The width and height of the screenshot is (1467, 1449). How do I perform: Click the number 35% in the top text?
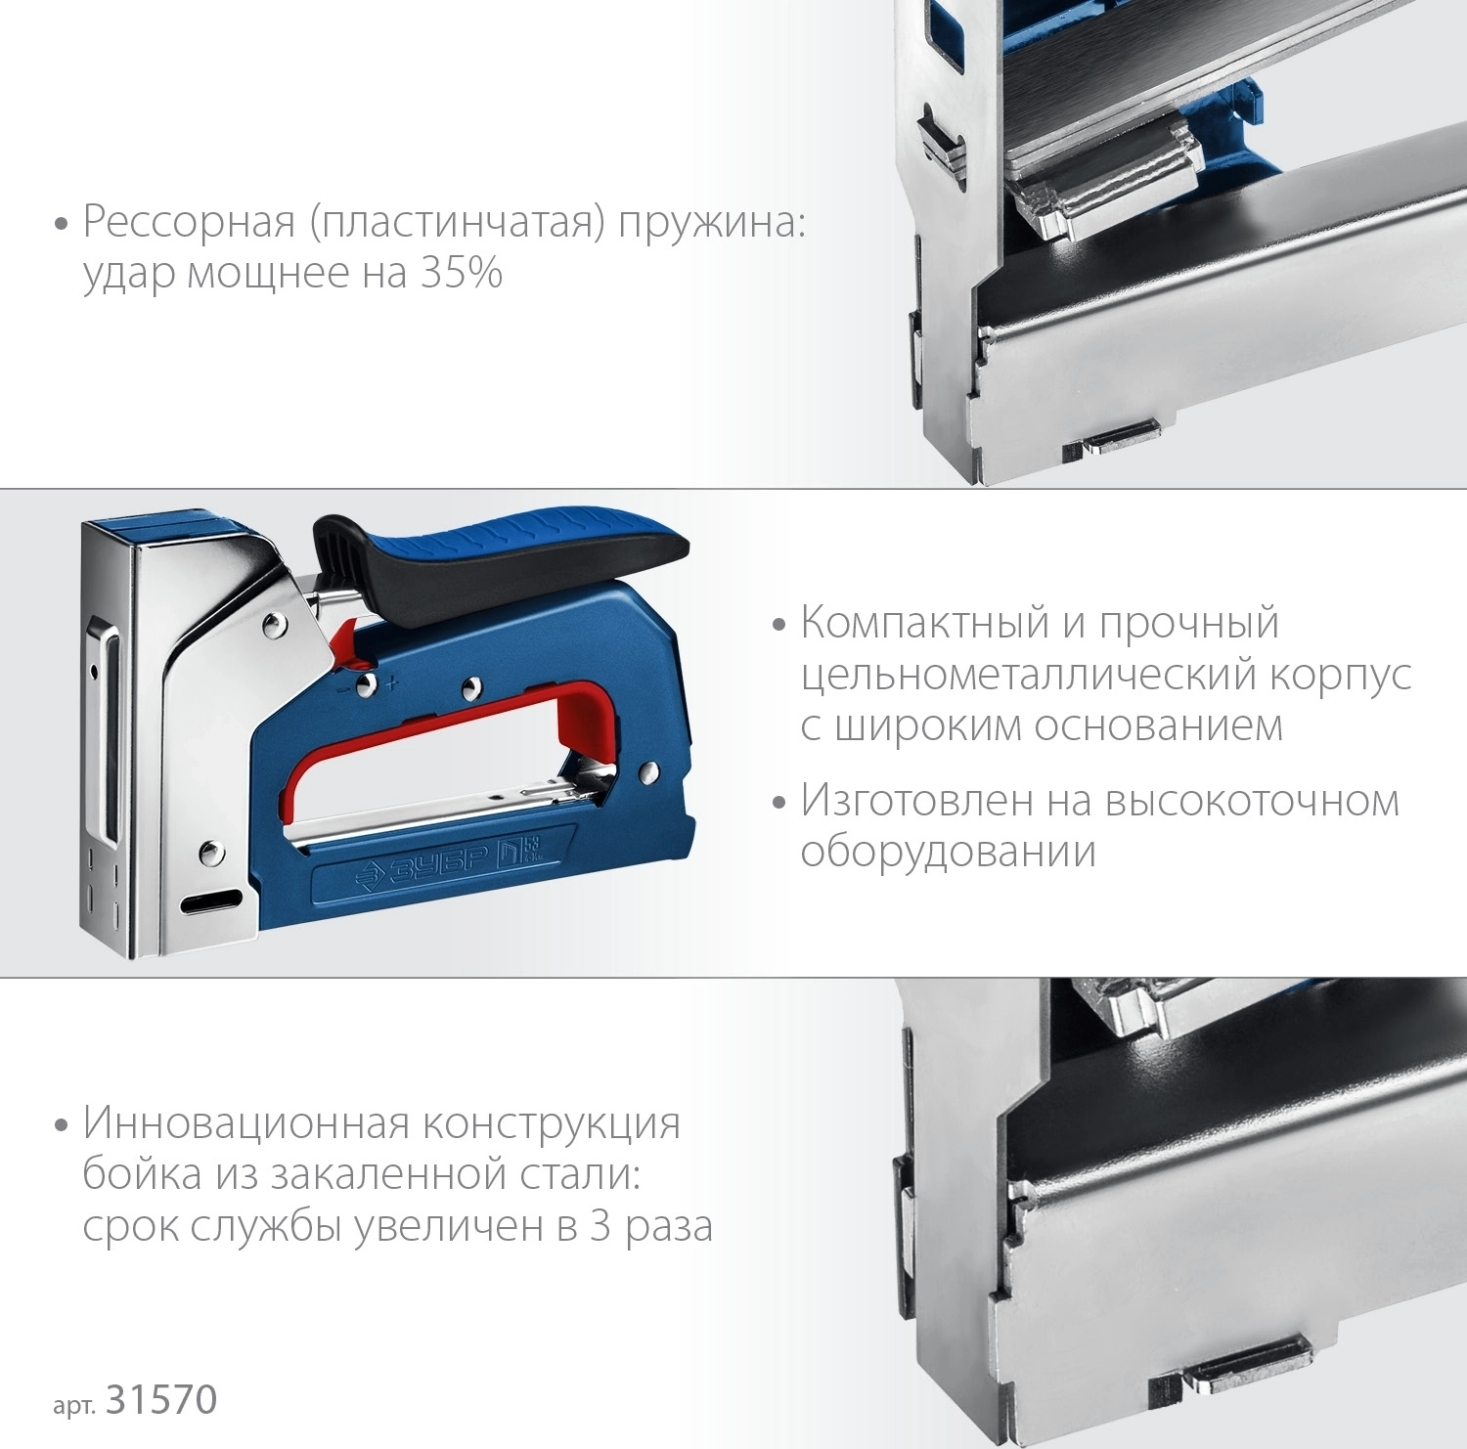(x=462, y=273)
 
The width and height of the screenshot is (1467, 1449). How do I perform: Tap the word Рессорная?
(x=189, y=223)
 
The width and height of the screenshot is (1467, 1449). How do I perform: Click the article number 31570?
(x=161, y=1400)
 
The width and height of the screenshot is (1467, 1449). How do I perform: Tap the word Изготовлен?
(x=916, y=802)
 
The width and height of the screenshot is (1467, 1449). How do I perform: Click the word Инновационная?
(x=245, y=1123)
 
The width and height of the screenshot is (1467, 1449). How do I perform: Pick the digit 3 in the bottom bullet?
(x=600, y=1226)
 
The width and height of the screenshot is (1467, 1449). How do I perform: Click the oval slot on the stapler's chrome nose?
(x=211, y=901)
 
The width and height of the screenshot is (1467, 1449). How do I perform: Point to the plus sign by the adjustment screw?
(x=392, y=683)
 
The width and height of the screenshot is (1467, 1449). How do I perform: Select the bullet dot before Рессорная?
(x=62, y=225)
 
